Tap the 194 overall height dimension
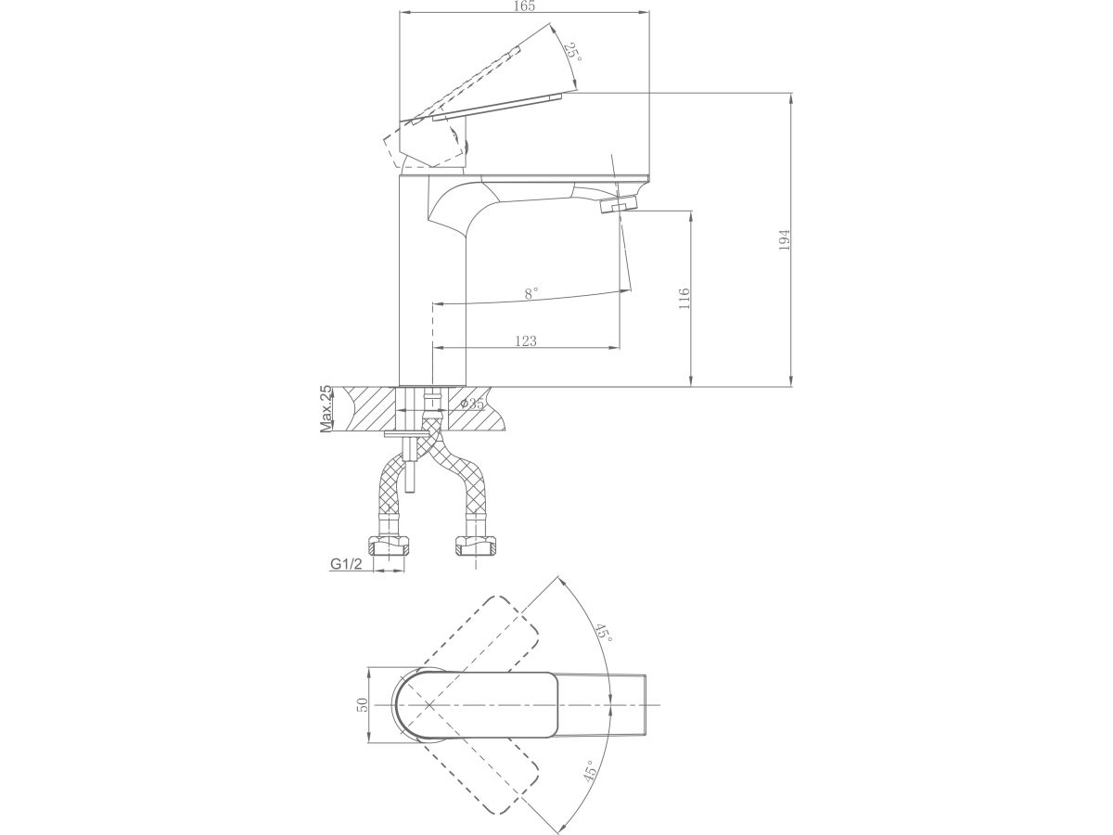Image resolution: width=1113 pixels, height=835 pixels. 785,239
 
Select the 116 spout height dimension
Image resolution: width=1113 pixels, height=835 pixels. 684,299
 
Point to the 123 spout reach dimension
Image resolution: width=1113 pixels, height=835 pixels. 526,340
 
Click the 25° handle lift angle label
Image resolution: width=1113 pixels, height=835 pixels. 573,53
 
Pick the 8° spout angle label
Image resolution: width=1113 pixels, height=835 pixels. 531,293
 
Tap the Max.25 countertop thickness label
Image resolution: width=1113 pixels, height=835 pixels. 326,408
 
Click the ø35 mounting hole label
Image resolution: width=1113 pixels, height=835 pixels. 472,405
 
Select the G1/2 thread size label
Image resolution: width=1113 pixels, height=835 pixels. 346,564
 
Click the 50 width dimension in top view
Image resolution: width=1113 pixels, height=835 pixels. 363,704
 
